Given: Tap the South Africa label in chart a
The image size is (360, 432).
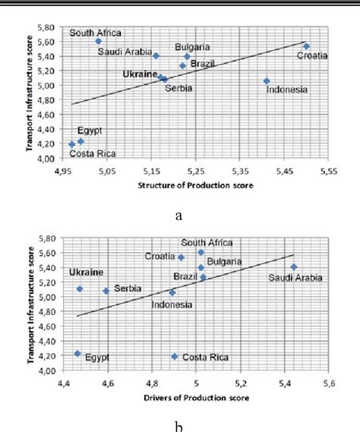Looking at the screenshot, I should point(96,33).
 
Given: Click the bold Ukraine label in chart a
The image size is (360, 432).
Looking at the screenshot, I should point(140,74).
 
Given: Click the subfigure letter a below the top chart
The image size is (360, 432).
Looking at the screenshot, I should point(179,216).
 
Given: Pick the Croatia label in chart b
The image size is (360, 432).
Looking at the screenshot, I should point(160,257).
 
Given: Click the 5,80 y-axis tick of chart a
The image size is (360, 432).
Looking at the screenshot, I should point(45,27).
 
